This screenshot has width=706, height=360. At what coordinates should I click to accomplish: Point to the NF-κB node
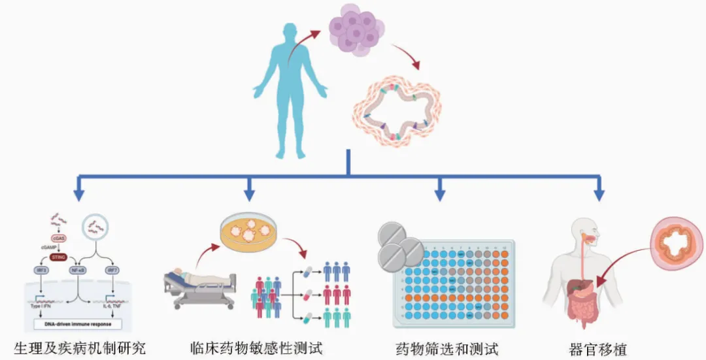(x=77, y=269)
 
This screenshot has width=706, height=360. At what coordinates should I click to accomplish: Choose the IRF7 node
(x=113, y=269)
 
